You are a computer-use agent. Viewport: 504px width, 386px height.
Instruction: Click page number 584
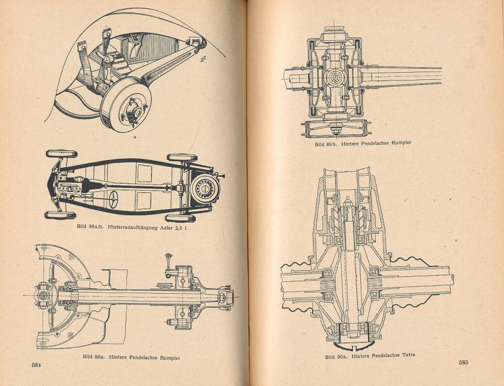[x=37, y=364]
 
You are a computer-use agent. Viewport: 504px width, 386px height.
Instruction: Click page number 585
[x=463, y=362]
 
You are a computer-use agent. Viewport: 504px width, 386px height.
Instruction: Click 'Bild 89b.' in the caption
[x=326, y=144]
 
